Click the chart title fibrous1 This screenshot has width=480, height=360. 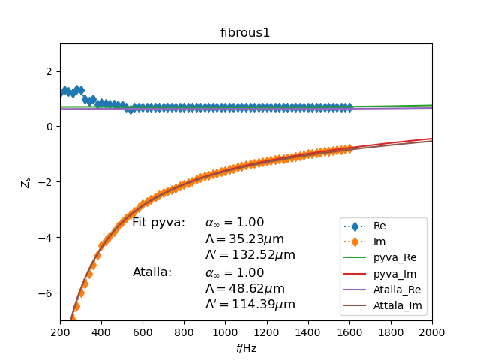coord(245,33)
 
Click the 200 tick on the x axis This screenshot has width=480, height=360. coord(60,332)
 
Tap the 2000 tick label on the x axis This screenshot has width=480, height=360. coord(432,332)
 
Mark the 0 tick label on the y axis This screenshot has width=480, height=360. coord(49,127)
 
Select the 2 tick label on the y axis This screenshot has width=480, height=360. coord(49,71)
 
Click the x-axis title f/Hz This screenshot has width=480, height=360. coord(245,348)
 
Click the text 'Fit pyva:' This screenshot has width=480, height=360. coord(158,223)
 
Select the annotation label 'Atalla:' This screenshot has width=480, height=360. coord(152,272)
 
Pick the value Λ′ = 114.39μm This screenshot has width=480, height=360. coord(250,304)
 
